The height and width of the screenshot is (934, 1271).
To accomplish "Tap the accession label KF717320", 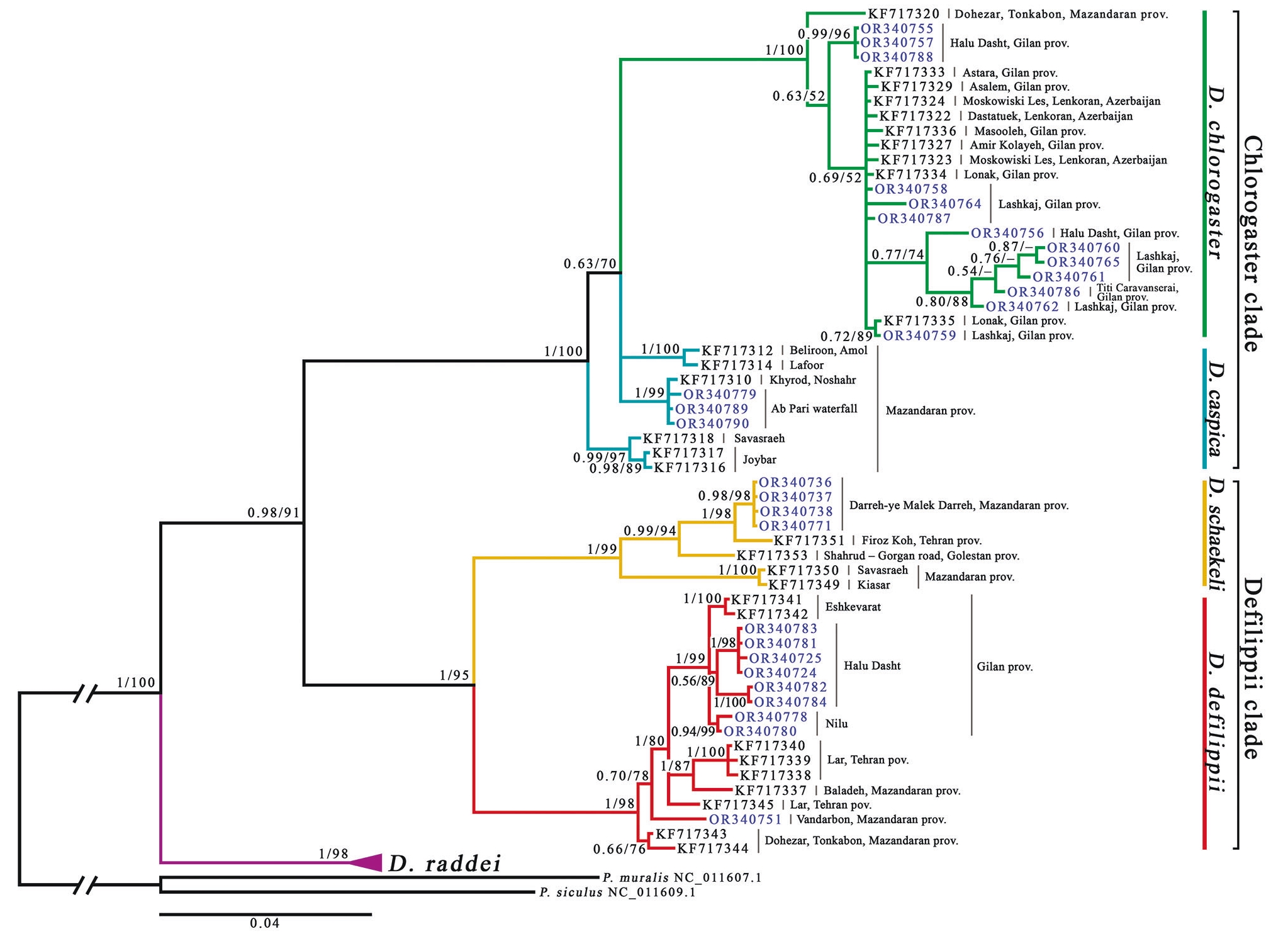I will coord(904,14).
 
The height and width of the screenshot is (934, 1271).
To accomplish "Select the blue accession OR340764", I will coord(945,204).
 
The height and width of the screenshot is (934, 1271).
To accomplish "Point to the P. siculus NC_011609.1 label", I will coord(617,892).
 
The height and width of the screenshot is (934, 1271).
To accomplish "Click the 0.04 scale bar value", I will coord(264,923).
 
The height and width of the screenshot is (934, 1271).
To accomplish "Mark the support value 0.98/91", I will coord(274,513).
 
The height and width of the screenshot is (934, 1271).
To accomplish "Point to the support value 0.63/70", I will coord(590,264).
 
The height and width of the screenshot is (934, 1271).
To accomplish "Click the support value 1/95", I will coord(454,676).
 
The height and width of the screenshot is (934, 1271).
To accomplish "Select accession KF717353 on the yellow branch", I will coord(772,556).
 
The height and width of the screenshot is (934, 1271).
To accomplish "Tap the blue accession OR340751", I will coord(745,819).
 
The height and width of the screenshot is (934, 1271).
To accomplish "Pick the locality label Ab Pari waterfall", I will coord(814,409).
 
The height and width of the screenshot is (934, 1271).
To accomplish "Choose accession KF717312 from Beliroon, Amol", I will coord(737,351).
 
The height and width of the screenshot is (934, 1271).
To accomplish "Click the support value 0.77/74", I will coord(897,255).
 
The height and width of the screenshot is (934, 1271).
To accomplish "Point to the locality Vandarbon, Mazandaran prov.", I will coord(871,819).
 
